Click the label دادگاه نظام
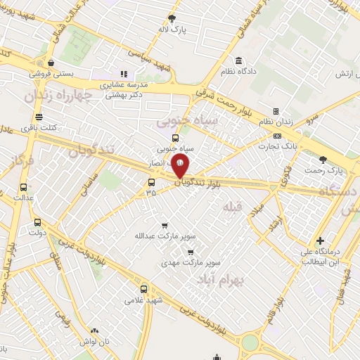click(238, 71)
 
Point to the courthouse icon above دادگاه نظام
click(239, 60)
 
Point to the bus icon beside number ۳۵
click(150, 183)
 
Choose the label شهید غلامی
click(143, 300)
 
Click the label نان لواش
click(95, 341)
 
